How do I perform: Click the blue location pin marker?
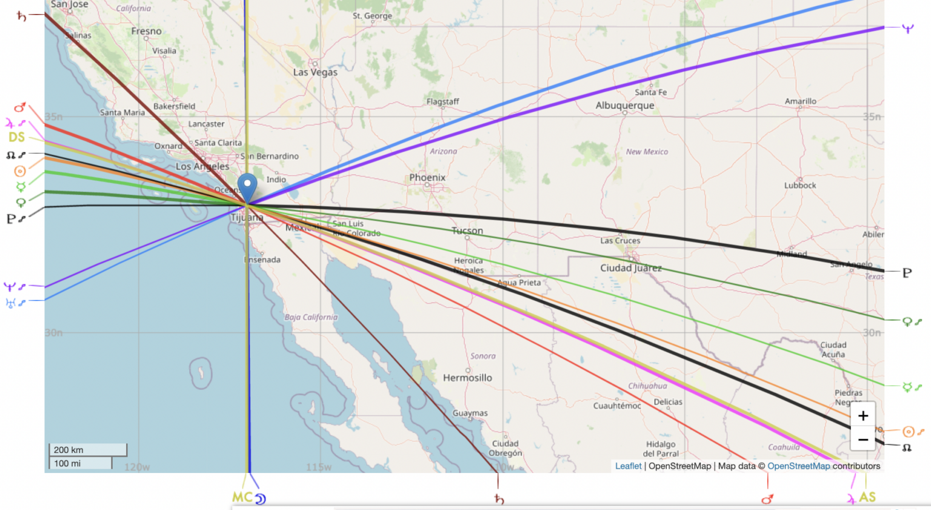tap(247, 185)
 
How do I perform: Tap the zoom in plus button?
tap(863, 416)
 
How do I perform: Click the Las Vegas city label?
tap(315, 72)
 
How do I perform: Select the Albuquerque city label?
tap(625, 105)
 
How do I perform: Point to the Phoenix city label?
tap(427, 177)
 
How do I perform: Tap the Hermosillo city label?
tap(467, 378)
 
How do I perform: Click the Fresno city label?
tap(146, 31)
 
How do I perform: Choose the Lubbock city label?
tap(800, 185)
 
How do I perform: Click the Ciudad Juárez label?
tap(631, 268)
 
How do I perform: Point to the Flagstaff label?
tap(442, 101)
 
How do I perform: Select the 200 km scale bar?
tap(88, 449)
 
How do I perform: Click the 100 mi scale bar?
tap(81, 463)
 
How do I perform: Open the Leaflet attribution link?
tap(628, 466)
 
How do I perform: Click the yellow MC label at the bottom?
tap(242, 497)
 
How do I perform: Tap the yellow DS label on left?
tap(17, 137)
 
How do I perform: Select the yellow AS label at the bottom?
tap(867, 497)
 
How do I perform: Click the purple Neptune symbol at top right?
tap(907, 28)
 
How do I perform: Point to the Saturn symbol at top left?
tap(21, 16)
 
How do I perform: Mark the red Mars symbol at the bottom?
tap(767, 499)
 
